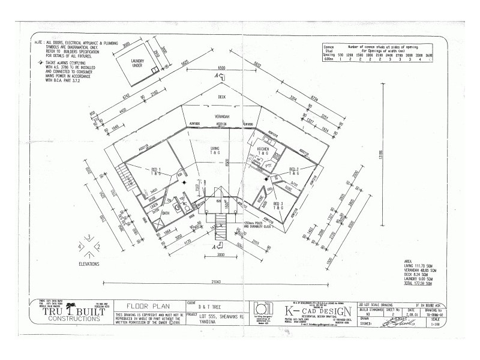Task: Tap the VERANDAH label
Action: click(x=221, y=117)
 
